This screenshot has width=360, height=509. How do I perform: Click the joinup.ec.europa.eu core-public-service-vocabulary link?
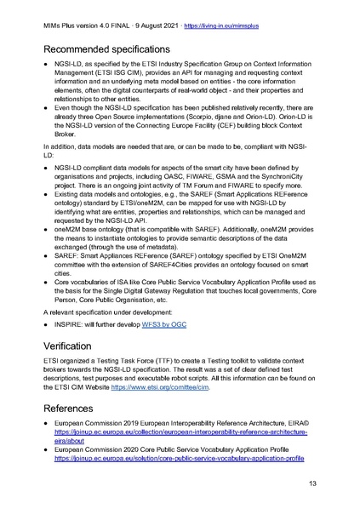pyautogui.click(x=179, y=457)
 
